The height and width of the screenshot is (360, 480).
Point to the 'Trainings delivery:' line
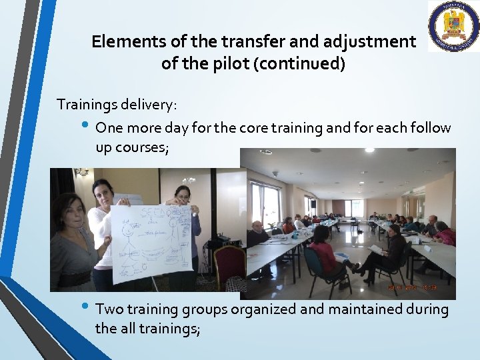(x=117, y=105)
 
